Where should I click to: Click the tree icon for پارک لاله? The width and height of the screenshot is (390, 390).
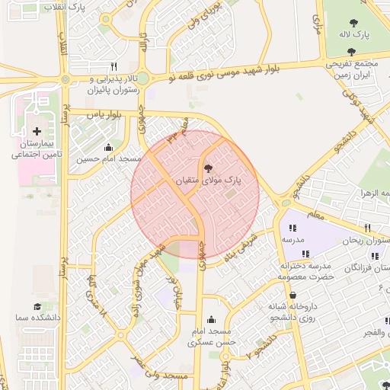355,22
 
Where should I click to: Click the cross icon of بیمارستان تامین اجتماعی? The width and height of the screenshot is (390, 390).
37,132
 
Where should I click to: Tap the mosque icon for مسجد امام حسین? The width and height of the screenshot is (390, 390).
107,147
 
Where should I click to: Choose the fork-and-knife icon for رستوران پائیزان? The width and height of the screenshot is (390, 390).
114,66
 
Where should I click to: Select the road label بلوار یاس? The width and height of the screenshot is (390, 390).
104,114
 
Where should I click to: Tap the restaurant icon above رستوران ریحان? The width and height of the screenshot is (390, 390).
367,228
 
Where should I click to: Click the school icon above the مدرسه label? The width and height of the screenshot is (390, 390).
291,227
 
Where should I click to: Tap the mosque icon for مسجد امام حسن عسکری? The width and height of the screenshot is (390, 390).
211,319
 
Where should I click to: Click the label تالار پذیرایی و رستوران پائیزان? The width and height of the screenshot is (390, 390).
116,84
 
